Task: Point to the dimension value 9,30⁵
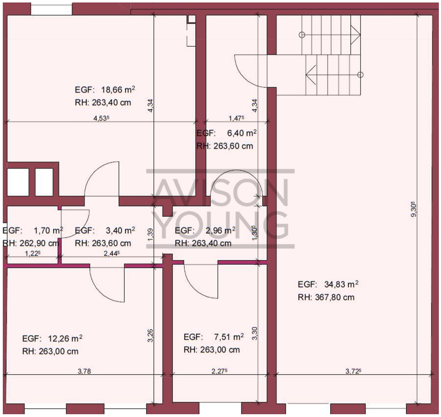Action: tap(413, 209)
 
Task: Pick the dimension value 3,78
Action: tap(84, 371)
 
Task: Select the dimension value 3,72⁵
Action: tap(353, 371)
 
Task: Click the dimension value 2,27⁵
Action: tap(219, 371)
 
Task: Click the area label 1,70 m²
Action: tap(48, 230)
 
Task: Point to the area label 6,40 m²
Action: tap(242, 133)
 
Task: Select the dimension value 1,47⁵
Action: tap(236, 118)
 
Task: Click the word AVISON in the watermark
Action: tap(220, 192)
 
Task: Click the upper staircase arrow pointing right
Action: tap(355, 35)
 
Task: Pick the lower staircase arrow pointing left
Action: tap(311, 75)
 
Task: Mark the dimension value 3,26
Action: tap(151, 335)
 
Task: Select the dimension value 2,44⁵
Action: tap(112, 253)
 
